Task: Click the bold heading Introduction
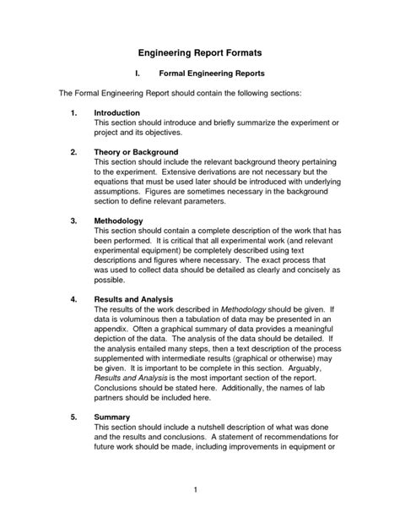pyautogui.click(x=117, y=112)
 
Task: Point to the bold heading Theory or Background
pyautogui.click(x=136, y=151)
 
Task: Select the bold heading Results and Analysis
pyautogui.click(x=133, y=300)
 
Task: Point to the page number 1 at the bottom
pyautogui.click(x=195, y=489)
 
